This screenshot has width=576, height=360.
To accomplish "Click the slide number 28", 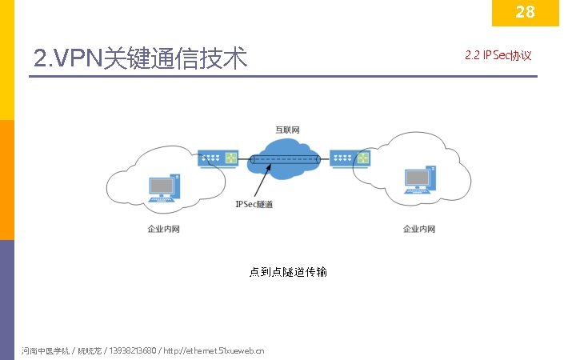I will tap(525, 12).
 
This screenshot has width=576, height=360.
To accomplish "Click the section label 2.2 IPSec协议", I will tap(498, 56).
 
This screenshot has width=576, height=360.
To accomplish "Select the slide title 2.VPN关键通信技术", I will tap(141, 58).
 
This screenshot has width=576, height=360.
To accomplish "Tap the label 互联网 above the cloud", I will tap(288, 130).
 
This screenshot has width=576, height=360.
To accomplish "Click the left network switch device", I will tap(219, 158).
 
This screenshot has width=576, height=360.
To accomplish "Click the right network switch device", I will tap(352, 158).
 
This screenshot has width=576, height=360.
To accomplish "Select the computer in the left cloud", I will tap(162, 188).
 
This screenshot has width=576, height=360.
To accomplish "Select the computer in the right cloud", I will tap(418, 182).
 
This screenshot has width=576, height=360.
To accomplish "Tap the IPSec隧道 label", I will tap(254, 205).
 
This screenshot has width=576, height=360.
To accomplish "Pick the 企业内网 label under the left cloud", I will tap(163, 230).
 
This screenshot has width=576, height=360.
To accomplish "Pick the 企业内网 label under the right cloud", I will tap(418, 230).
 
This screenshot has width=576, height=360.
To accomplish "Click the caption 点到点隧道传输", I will tap(288, 272).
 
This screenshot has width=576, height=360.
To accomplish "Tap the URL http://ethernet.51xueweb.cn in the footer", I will tap(214, 350).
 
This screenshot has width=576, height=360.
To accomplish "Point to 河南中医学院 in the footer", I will tap(45, 350).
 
